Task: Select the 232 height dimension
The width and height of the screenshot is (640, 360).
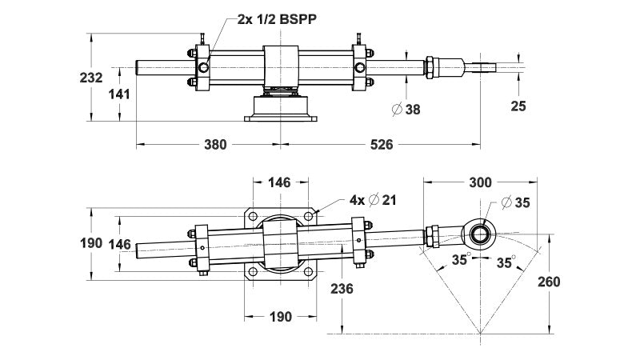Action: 92,78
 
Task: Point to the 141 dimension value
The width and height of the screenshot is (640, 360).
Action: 120,93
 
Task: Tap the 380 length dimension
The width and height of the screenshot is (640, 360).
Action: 214,145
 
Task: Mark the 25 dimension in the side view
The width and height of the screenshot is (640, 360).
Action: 518,106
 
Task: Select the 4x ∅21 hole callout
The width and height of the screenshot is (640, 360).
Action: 373,200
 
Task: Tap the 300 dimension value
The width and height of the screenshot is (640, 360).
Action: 481,182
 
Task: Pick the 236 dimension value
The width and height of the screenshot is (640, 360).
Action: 342,289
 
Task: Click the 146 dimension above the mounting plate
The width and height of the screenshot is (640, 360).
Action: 278,182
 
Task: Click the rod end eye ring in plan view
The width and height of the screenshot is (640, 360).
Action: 482,233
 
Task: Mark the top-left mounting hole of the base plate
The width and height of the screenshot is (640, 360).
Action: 253,216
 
